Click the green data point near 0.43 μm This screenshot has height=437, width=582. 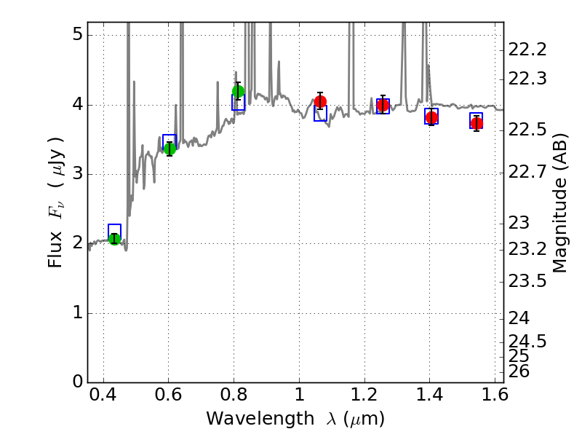[x=114, y=238]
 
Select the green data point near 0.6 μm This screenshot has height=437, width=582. [x=170, y=149]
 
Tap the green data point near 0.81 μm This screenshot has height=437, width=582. [x=238, y=91]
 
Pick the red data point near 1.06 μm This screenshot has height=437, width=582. [x=320, y=101]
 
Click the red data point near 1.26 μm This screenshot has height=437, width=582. [x=383, y=105]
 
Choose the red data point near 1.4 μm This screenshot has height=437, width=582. [x=431, y=117]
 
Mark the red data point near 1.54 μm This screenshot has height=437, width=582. [x=477, y=123]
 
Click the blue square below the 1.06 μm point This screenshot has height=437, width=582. [x=320, y=114]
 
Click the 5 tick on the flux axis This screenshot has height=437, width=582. [x=76, y=36]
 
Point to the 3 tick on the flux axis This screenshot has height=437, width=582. [x=76, y=174]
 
